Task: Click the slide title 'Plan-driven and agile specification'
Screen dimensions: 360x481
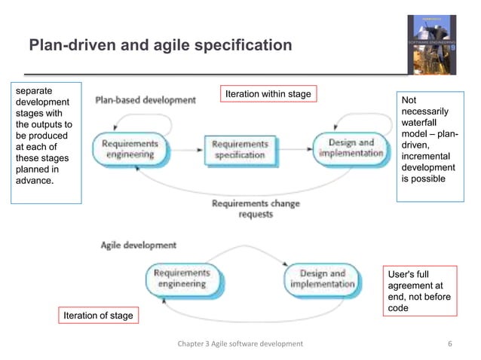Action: click(x=159, y=46)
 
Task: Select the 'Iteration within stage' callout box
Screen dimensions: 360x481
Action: click(x=267, y=93)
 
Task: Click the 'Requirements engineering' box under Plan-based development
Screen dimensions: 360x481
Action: click(x=130, y=148)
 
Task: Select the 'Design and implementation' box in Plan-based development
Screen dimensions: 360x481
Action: click(x=347, y=148)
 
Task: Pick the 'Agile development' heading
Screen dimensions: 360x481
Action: click(x=139, y=245)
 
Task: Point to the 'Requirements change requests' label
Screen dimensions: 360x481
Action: click(x=256, y=209)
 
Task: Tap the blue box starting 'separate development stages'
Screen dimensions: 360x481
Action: click(x=45, y=142)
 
